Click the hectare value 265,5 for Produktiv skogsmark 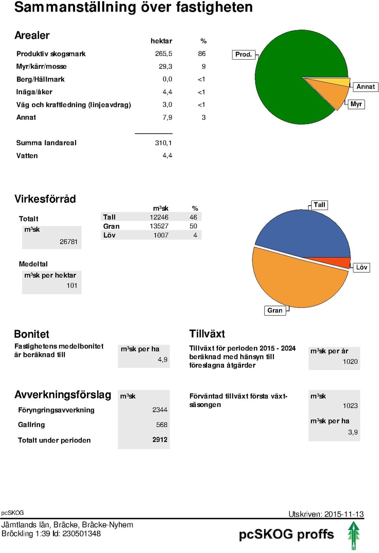(x=163, y=54)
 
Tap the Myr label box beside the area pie (x=356, y=104)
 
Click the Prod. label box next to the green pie (x=244, y=54)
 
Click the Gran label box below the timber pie (x=275, y=310)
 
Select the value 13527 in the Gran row (x=159, y=226)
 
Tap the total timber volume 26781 (x=68, y=242)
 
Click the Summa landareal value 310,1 (x=163, y=143)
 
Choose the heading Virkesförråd (x=45, y=199)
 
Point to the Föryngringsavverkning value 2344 (x=160, y=410)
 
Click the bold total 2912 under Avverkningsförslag (x=160, y=439)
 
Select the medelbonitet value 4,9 (x=163, y=359)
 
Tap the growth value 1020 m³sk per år (x=350, y=362)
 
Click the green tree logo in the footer (x=354, y=536)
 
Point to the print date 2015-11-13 (x=344, y=514)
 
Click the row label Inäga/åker (x=34, y=92)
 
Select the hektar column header (x=161, y=41)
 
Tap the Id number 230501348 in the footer (x=81, y=534)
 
